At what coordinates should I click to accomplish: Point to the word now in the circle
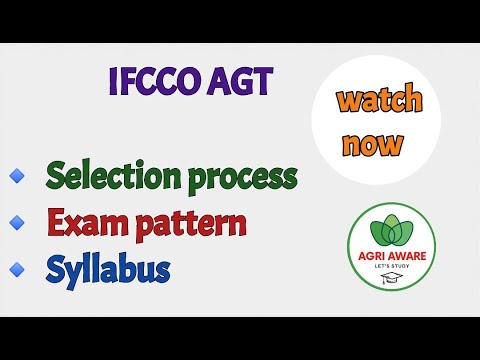[371, 143]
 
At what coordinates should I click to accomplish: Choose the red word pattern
[185, 224]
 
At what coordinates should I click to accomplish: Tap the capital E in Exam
[54, 222]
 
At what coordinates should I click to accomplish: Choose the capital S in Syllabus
[55, 267]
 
